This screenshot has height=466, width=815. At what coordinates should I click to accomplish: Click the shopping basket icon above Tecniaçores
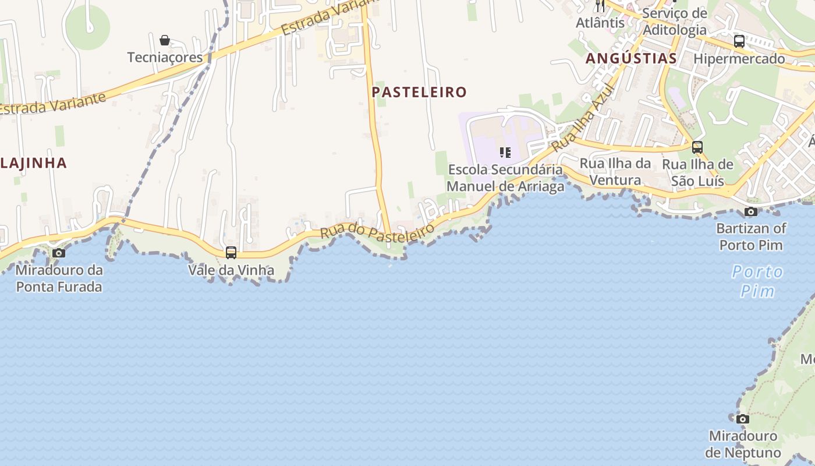tap(165, 40)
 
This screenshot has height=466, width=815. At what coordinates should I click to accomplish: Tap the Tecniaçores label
tap(165, 57)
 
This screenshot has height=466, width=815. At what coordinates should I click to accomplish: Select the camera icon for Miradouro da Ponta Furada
tap(59, 253)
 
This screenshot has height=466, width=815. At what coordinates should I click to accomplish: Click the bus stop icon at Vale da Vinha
tap(231, 253)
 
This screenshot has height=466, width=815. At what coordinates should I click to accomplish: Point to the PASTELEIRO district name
tap(419, 92)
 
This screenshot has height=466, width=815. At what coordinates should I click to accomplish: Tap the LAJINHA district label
tap(34, 163)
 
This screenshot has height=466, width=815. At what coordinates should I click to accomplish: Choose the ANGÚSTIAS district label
tap(631, 58)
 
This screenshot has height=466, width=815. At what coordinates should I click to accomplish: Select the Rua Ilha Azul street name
tap(584, 117)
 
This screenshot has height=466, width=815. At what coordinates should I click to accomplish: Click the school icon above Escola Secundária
tap(505, 153)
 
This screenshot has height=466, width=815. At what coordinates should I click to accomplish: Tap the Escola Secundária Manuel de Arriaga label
tap(505, 178)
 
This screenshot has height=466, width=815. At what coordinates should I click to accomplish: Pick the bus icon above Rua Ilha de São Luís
tap(697, 147)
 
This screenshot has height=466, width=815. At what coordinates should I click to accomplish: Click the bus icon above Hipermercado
tap(739, 41)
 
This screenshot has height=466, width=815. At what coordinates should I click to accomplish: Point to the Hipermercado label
tap(739, 58)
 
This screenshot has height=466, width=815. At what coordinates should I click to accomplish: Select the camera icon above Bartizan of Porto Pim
tap(751, 211)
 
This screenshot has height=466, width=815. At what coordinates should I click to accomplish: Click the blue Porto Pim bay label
tap(757, 281)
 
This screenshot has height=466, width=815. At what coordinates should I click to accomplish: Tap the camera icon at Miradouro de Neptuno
tap(742, 419)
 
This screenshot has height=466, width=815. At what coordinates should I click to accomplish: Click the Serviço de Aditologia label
tap(675, 22)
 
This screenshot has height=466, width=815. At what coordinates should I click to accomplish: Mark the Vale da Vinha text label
tap(231, 270)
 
